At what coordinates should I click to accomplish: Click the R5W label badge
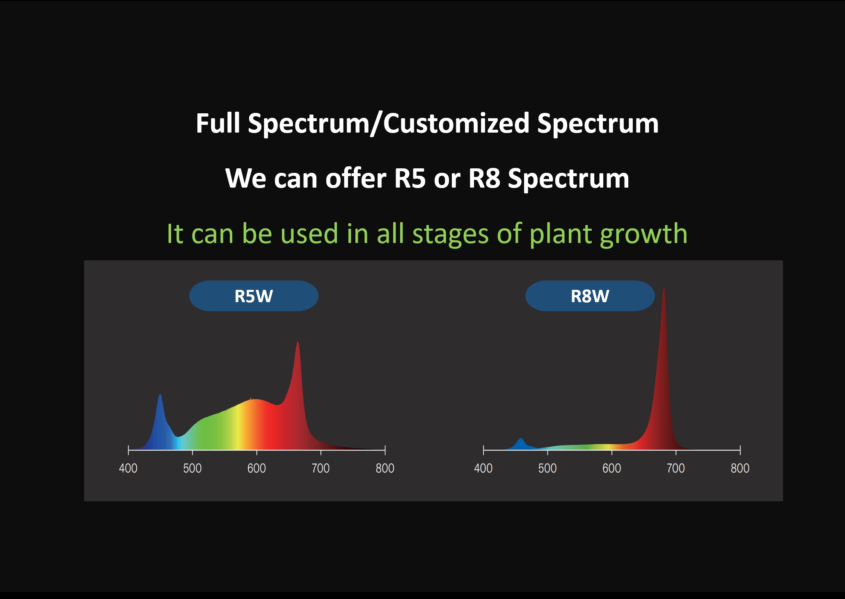click(x=254, y=296)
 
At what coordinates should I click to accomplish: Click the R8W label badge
click(x=590, y=296)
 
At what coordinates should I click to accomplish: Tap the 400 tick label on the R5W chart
click(x=128, y=468)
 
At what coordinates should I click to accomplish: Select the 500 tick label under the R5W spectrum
click(x=192, y=468)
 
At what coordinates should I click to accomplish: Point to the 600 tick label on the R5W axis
click(x=256, y=468)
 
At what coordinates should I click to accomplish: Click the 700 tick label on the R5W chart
click(x=321, y=468)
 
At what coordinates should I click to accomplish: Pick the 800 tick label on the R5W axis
click(x=385, y=468)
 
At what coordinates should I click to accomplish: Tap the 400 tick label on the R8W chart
click(x=483, y=468)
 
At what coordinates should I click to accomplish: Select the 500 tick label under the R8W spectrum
click(x=547, y=468)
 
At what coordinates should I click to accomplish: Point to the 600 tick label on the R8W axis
click(x=611, y=468)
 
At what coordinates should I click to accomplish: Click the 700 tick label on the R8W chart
click(x=676, y=468)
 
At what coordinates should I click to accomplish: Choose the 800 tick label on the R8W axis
click(x=740, y=468)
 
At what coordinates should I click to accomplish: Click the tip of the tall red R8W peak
click(x=664, y=287)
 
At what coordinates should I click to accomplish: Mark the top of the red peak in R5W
click(x=298, y=342)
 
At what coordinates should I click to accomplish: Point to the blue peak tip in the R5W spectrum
click(x=160, y=395)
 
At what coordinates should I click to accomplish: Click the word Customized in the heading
click(x=456, y=123)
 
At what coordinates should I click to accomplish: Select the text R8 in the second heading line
click(x=484, y=178)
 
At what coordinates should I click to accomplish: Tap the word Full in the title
click(x=218, y=123)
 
